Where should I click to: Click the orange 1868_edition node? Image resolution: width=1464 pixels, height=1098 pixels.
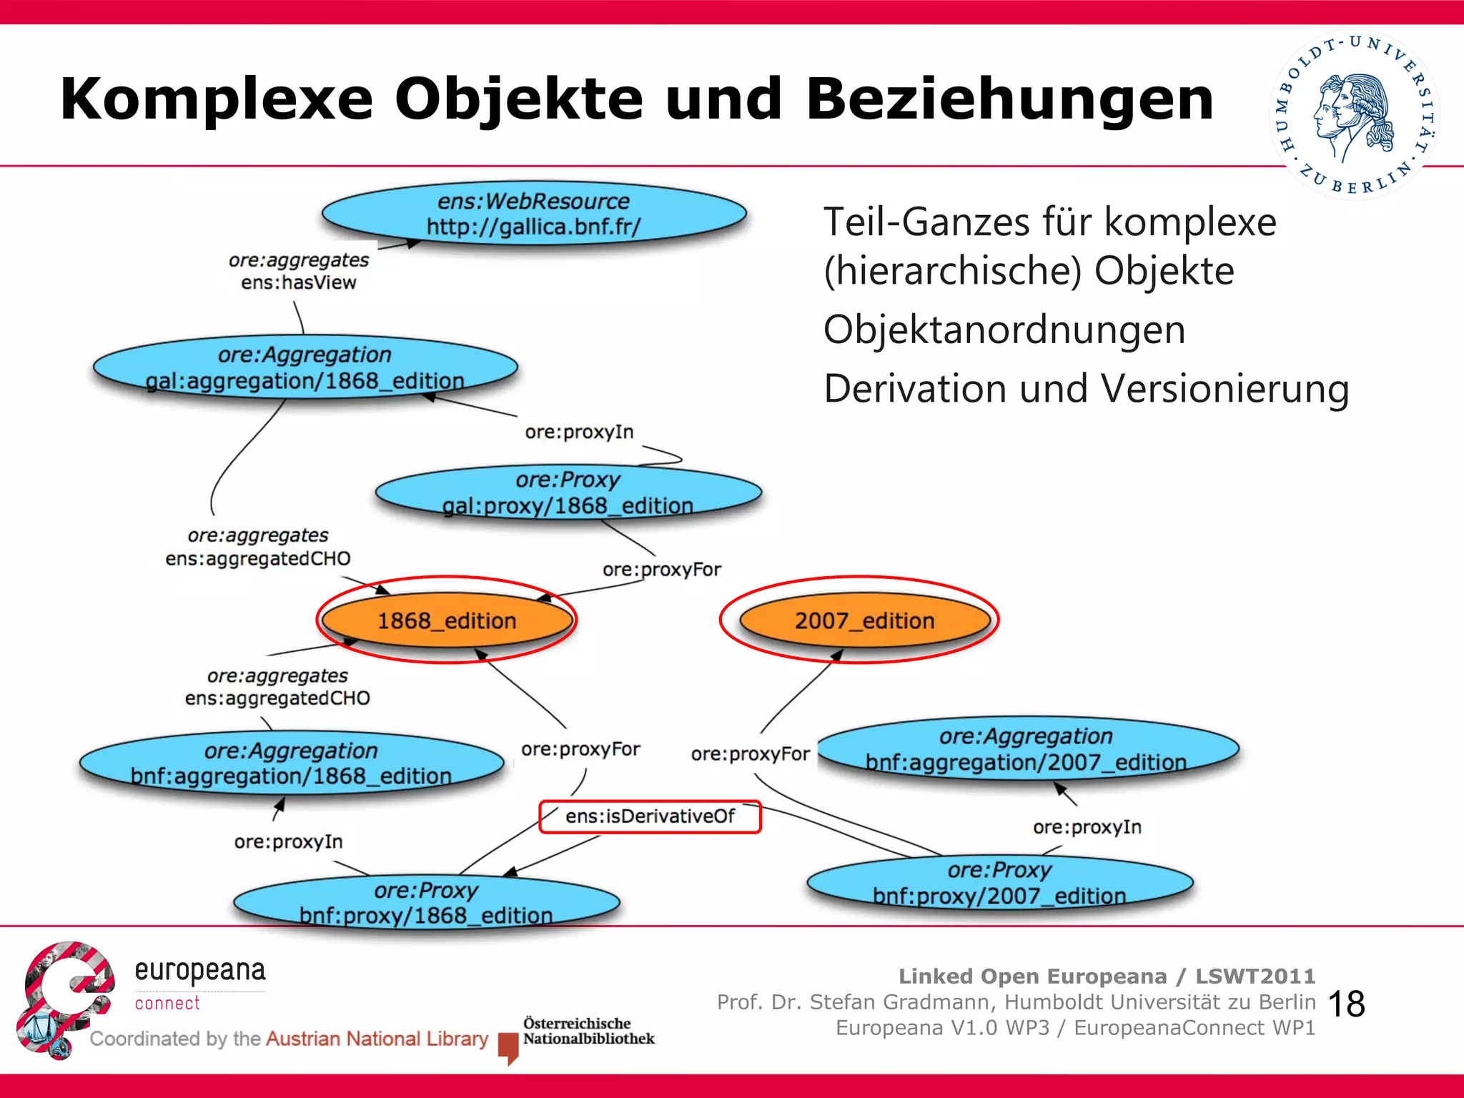coord(447,620)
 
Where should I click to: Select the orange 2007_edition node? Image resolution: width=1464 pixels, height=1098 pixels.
coord(864,620)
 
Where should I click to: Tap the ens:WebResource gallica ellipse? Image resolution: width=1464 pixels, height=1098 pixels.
coord(533,214)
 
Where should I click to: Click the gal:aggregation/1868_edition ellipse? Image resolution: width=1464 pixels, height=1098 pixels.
coord(305,367)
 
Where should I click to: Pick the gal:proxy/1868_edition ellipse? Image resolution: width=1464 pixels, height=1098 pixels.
coord(568,493)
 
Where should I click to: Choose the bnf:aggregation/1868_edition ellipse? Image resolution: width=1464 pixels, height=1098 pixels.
coord(291,763)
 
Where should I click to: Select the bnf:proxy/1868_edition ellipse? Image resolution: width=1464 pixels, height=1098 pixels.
coord(426,902)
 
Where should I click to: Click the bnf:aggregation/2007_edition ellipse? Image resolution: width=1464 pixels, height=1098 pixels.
coord(1027,749)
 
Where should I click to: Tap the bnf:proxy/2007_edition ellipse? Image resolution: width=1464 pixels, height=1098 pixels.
coord(999,883)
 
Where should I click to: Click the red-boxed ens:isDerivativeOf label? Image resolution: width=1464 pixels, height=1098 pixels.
coord(650,816)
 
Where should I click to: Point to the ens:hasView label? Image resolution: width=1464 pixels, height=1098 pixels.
coord(299,283)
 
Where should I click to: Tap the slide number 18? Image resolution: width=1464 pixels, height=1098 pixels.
coord(1347,1004)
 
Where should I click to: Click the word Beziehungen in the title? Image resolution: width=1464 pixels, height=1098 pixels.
coord(1009,99)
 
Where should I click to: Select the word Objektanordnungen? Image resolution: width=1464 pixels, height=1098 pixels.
coord(1004,330)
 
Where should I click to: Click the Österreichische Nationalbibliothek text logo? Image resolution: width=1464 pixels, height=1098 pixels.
coord(588,1031)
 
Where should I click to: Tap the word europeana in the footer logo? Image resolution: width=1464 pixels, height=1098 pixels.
coord(200,971)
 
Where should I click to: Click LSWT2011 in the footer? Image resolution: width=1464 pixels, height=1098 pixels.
coord(1255,976)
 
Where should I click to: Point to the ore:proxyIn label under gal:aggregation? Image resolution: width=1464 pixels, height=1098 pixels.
coord(579,432)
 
